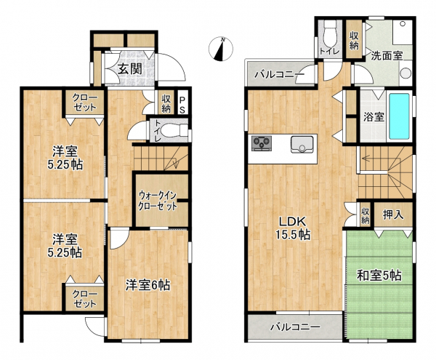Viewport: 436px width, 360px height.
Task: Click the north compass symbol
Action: [221, 49]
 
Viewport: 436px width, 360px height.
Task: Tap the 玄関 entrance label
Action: [130, 68]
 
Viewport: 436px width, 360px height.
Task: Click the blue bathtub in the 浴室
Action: [399, 116]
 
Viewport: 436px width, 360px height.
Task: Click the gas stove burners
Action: [262, 143]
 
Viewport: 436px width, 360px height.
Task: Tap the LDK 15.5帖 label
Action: [293, 228]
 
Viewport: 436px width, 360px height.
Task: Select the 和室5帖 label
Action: [379, 276]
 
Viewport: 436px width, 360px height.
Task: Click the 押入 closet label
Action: [393, 215]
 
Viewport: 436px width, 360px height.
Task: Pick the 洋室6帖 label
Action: [148, 285]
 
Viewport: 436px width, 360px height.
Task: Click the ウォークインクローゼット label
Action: [158, 201]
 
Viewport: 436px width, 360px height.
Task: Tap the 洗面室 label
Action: [387, 56]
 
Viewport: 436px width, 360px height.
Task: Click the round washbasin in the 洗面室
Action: [405, 73]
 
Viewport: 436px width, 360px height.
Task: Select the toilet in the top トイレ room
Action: [331, 34]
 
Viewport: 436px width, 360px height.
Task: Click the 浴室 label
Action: [374, 117]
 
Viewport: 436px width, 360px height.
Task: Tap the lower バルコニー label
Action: [296, 327]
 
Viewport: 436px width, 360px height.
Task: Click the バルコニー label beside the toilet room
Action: [280, 75]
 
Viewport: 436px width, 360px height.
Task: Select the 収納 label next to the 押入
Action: [366, 216]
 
